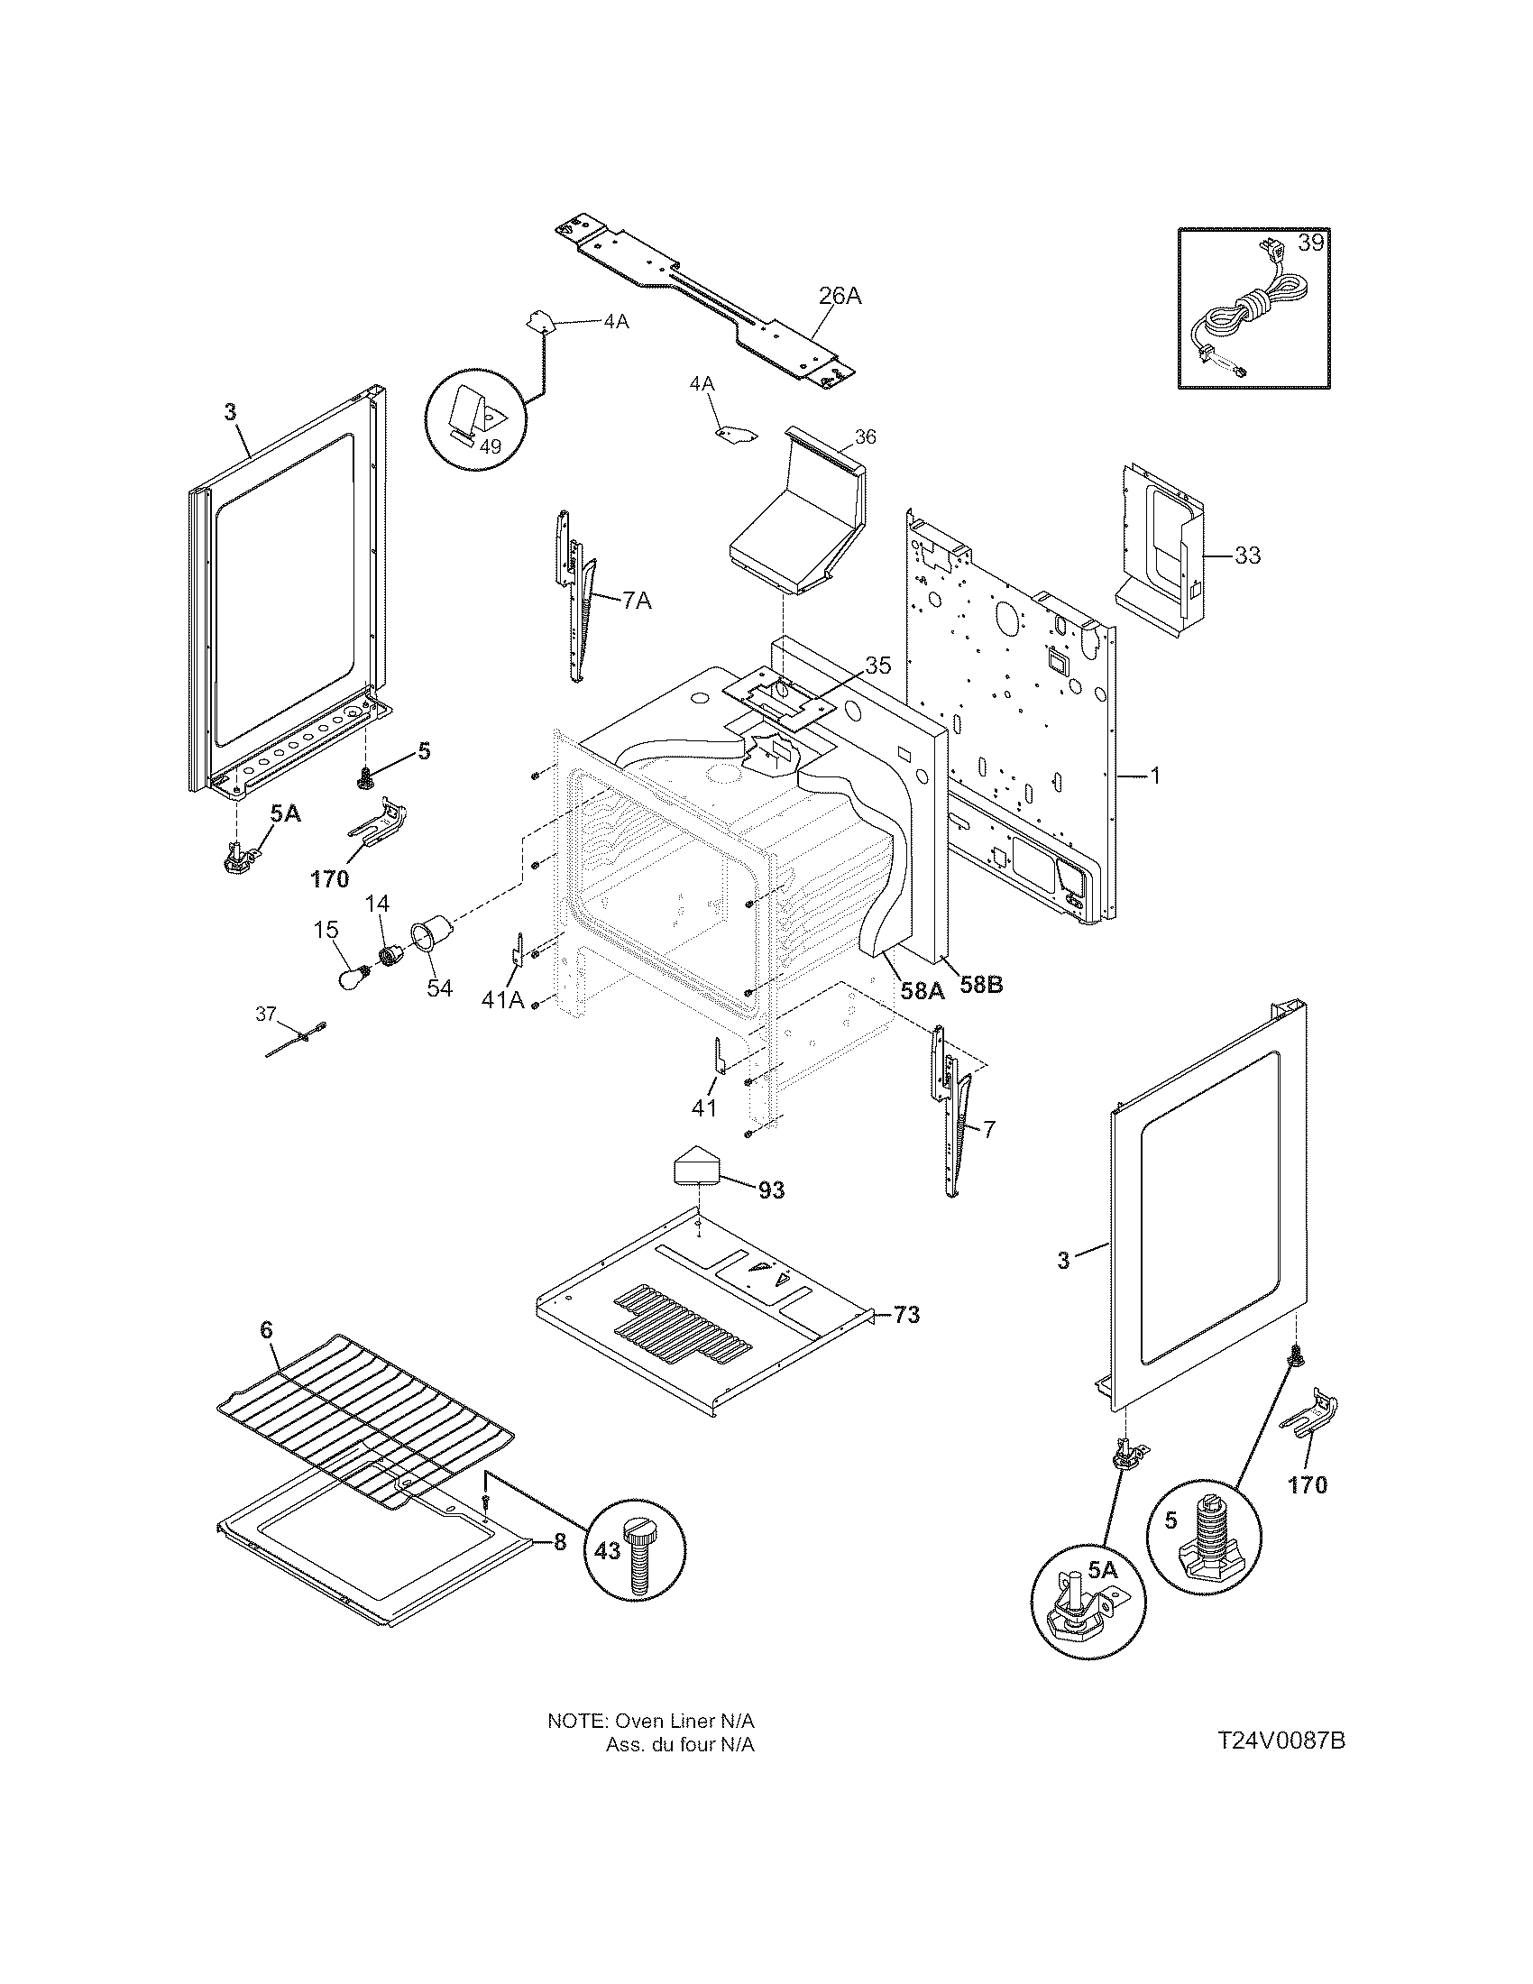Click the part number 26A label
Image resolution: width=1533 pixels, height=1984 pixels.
pyautogui.click(x=840, y=295)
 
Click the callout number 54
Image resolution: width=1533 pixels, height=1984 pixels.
pyautogui.click(x=439, y=987)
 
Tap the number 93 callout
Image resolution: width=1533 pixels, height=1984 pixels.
pyautogui.click(x=771, y=1189)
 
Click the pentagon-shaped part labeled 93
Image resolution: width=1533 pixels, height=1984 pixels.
pyautogui.click(x=695, y=1164)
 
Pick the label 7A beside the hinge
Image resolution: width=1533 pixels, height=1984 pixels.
pyautogui.click(x=637, y=601)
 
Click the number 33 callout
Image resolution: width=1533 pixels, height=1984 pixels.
pyautogui.click(x=1248, y=554)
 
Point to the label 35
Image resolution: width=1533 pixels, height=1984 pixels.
pyautogui.click(x=877, y=665)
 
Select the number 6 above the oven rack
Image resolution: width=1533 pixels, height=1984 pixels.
pyautogui.click(x=265, y=1330)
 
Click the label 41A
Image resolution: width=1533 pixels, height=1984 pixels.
pyautogui.click(x=503, y=1000)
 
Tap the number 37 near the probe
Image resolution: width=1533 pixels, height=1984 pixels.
pyautogui.click(x=265, y=1014)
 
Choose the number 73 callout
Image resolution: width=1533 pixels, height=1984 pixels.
pyautogui.click(x=906, y=1315)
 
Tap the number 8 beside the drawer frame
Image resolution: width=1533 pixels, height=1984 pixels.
pyautogui.click(x=559, y=1541)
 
